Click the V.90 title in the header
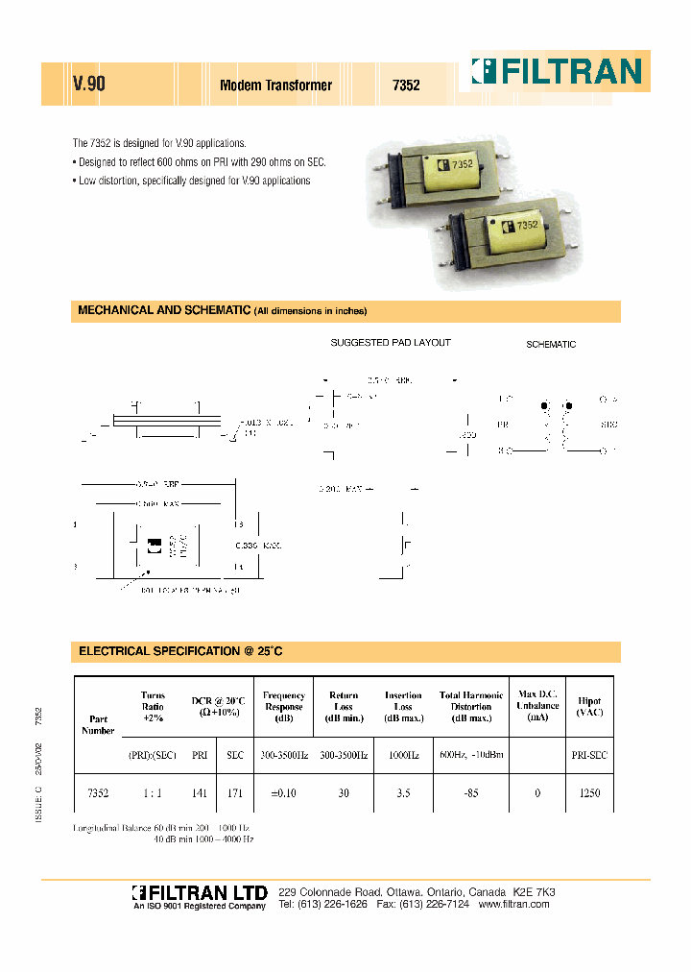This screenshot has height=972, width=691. (89, 85)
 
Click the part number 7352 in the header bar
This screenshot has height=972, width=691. (406, 85)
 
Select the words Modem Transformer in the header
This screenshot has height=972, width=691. (275, 85)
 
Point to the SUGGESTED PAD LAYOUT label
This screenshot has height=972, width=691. (391, 343)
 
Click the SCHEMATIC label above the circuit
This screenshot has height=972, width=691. (551, 344)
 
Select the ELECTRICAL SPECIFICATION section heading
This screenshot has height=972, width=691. (180, 651)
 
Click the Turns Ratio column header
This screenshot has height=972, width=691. (153, 707)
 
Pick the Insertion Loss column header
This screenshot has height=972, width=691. (403, 707)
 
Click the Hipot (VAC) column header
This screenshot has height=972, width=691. (589, 707)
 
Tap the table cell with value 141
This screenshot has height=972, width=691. (200, 793)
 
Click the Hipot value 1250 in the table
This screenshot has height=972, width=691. (589, 793)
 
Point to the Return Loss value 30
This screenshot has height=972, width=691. (344, 793)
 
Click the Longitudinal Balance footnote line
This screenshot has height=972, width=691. (161, 827)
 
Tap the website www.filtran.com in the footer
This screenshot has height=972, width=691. (513, 905)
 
